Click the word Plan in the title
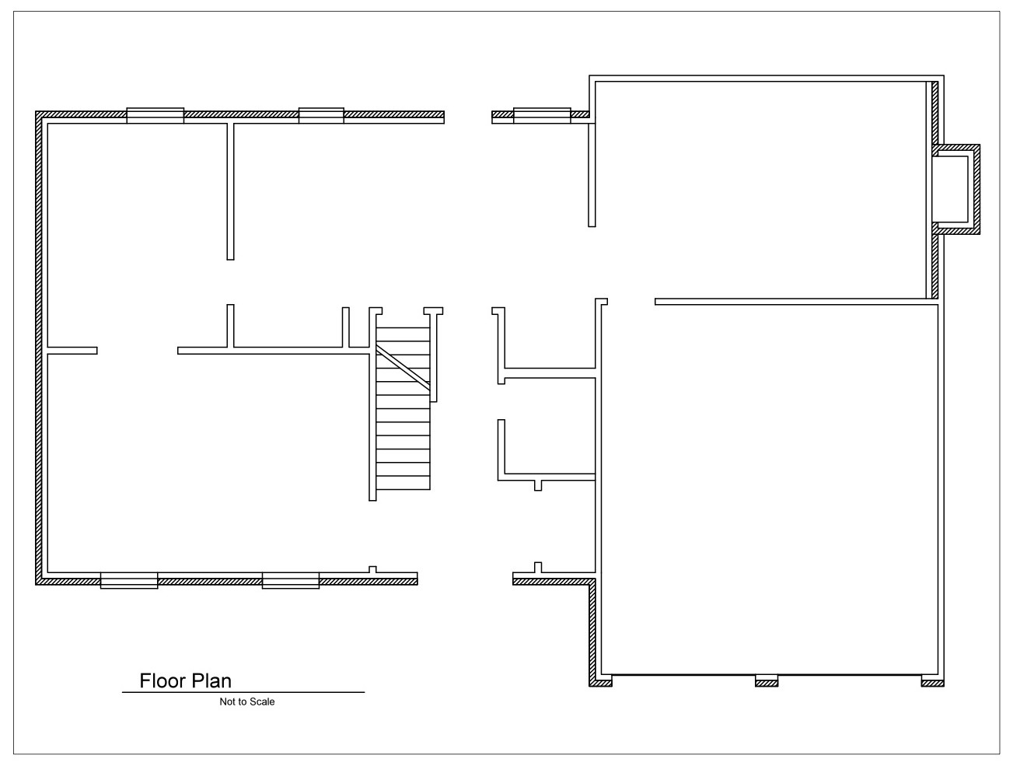point(211,681)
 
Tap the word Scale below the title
point(263,702)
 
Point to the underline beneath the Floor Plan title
point(243,692)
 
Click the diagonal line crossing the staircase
point(403,368)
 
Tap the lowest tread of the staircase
point(403,483)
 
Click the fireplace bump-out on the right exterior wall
point(955,189)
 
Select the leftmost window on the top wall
point(155,116)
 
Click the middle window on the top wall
point(321,116)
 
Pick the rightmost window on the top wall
point(543,116)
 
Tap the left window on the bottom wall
point(129,580)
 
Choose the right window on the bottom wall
point(291,580)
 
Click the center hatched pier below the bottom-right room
point(767,681)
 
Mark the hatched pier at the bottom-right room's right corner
point(933,681)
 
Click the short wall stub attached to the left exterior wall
point(72,351)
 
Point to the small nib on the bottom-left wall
point(372,569)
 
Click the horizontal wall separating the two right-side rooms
point(797,302)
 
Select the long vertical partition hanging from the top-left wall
point(230,191)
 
